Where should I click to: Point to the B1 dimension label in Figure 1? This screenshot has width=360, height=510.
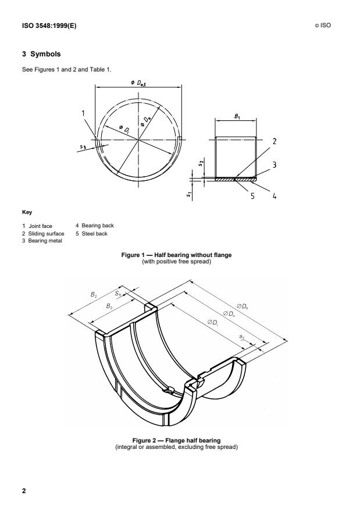(237, 116)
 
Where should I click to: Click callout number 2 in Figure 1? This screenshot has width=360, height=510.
(273, 141)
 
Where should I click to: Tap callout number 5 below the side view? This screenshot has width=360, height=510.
(252, 196)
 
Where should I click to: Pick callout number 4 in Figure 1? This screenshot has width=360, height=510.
(273, 196)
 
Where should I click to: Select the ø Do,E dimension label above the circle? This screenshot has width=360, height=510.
(139, 84)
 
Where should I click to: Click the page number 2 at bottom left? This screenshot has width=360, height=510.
(24, 491)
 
